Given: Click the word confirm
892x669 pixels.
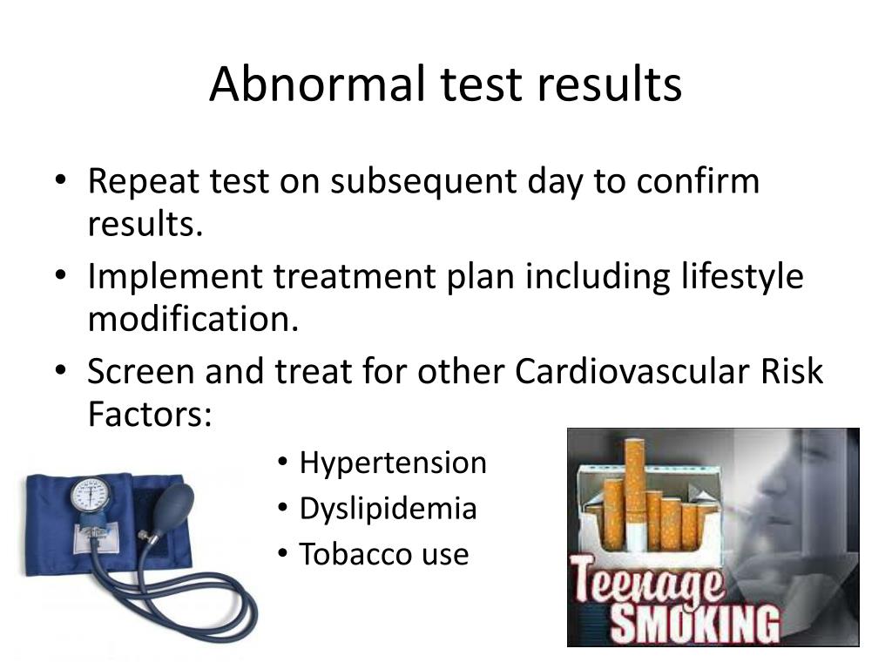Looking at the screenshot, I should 697,182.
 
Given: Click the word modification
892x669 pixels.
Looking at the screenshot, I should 193,320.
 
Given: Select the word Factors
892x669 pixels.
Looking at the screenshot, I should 149,415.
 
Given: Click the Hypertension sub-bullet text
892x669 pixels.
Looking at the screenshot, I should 393,463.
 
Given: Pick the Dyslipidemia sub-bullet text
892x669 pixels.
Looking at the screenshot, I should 388,509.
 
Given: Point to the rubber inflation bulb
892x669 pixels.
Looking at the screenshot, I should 174,503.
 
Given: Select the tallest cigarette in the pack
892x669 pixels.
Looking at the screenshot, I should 634,488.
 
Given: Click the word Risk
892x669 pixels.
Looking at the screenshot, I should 791,372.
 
